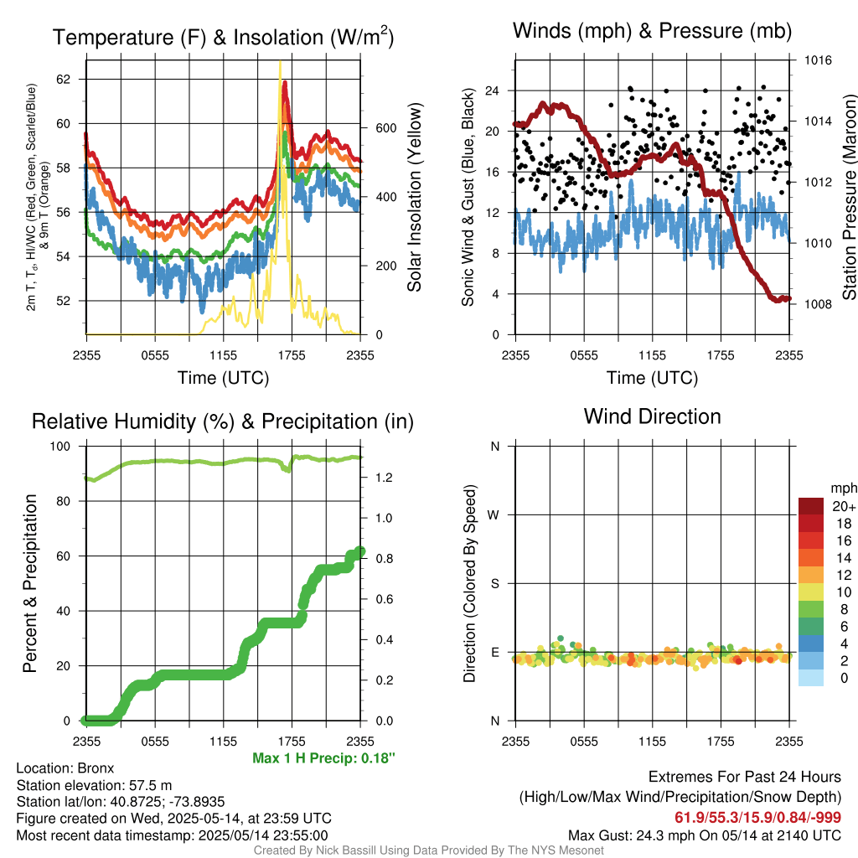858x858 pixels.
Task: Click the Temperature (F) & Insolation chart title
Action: point(223,38)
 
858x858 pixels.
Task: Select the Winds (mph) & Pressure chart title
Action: point(652,32)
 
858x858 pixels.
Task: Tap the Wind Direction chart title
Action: point(652,416)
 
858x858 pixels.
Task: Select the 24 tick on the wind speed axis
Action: point(493,90)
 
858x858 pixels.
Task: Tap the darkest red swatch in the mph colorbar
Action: point(811,506)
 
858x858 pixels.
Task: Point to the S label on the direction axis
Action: point(494,583)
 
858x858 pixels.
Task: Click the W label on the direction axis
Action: point(494,514)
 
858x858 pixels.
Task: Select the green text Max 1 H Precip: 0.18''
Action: point(323,757)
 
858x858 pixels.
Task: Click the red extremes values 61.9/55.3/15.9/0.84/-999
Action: point(757,817)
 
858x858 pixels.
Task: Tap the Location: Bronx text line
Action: point(65,768)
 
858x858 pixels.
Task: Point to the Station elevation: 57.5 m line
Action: point(94,785)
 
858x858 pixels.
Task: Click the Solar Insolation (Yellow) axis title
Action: point(414,198)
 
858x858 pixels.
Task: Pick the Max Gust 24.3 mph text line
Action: point(704,835)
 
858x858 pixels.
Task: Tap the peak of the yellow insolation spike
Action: point(280,62)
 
